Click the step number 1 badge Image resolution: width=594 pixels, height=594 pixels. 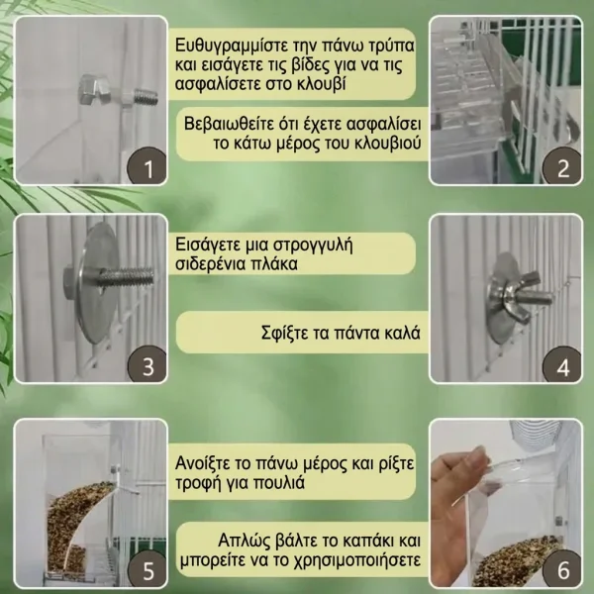coord(147,166)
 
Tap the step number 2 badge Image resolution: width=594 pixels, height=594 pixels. coord(562,166)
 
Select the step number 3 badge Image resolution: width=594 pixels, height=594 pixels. coord(147,364)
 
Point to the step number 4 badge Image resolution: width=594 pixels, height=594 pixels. coord(562,365)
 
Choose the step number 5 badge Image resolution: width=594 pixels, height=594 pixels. coord(147,569)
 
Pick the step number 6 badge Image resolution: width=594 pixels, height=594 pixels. coord(562,569)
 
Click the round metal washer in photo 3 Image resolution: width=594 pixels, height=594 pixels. coord(95,282)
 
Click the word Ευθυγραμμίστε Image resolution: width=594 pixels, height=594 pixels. coord(232,46)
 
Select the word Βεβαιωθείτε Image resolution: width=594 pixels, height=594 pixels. coord(230,124)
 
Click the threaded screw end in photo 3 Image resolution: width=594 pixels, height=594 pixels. coord(127,277)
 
